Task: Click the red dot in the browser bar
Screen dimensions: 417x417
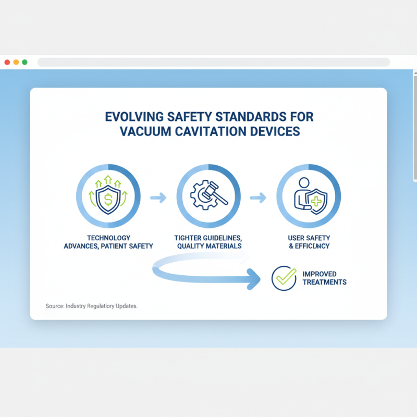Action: [7, 62]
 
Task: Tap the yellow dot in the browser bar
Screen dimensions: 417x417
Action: [16, 62]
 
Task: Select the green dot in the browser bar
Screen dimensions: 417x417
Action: [24, 62]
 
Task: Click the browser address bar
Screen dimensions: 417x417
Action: [214, 62]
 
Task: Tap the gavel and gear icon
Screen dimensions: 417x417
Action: [208, 196]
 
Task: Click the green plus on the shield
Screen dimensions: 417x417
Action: [316, 200]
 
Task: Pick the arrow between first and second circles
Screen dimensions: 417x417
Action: [158, 198]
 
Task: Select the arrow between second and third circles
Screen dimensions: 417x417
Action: [258, 198]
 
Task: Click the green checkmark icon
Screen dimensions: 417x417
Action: [285, 278]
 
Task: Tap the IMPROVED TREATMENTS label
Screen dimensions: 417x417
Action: [324, 278]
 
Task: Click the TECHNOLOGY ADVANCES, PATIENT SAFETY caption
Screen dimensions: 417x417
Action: [108, 242]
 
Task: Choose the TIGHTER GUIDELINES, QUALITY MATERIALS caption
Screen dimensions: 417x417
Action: [208, 242]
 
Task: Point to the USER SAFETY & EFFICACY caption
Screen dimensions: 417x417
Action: [309, 242]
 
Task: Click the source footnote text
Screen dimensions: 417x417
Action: [92, 306]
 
